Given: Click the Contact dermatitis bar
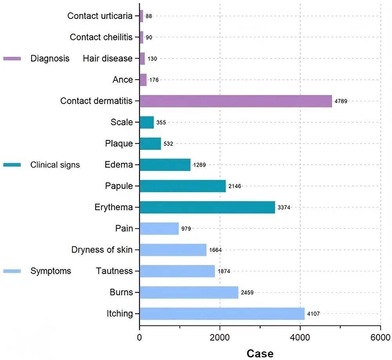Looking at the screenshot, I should [x=236, y=101].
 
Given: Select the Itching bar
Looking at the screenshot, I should [x=222, y=314].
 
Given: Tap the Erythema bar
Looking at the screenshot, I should [x=207, y=207].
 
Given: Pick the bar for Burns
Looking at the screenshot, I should [x=189, y=292].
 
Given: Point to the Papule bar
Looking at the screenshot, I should [x=183, y=186].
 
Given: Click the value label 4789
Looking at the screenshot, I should [x=341, y=101].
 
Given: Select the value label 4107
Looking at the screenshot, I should [x=313, y=314].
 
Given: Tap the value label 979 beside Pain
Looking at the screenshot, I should [x=186, y=229].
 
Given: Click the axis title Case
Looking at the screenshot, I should [x=260, y=353].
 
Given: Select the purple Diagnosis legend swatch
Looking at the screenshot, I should [x=12, y=59].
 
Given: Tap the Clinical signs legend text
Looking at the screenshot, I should [x=55, y=165].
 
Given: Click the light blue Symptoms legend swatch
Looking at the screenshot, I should [x=12, y=271].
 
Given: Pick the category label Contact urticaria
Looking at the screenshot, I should [x=100, y=16].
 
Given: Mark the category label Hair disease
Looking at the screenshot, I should [x=108, y=59].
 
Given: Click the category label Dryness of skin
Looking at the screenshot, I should [x=102, y=250].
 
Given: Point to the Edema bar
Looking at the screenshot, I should [x=165, y=165].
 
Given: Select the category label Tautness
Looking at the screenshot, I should [x=114, y=271].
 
